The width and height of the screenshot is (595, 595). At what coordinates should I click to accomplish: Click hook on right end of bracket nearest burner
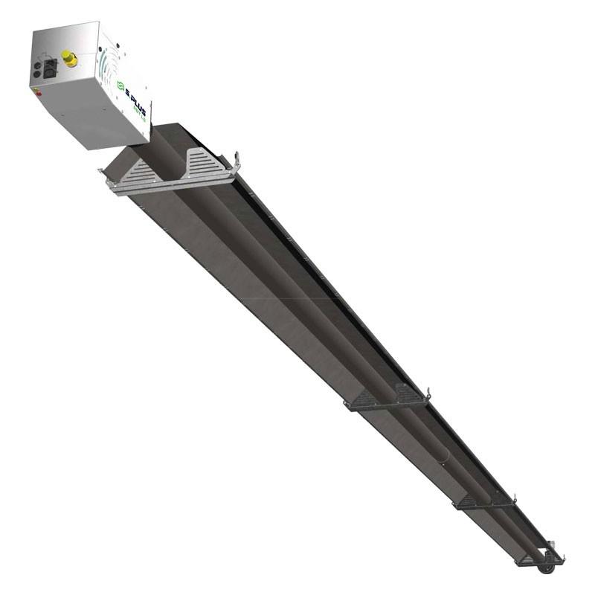click(x=237, y=158)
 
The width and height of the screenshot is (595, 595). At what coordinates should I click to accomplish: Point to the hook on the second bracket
click(x=427, y=393)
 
